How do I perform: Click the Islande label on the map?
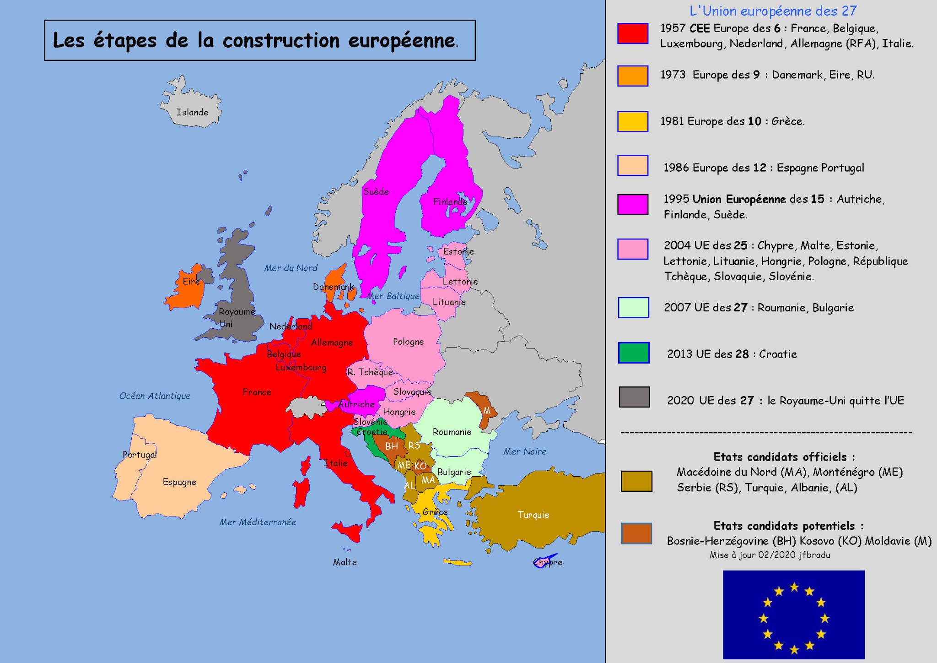coord(192,113)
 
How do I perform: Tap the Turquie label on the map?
coord(533,515)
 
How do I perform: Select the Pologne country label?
coord(408,342)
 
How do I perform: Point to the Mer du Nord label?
coord(291,268)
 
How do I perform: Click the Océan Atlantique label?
coord(155,396)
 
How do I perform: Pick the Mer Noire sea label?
coord(525,452)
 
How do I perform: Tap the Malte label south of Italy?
coord(345,562)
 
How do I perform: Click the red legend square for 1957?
coord(633,33)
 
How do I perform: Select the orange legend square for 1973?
coord(633,76)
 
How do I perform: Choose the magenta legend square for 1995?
coord(633,204)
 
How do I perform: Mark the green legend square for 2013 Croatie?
coord(634,353)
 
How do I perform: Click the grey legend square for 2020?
coord(634,397)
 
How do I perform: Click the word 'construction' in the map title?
coord(281,41)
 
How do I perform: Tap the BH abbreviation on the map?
coord(391,446)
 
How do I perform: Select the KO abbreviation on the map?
coord(420,466)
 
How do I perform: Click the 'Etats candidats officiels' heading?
coord(784,457)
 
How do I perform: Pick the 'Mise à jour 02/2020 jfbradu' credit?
coord(770,555)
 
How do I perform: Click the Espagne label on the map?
coord(179,482)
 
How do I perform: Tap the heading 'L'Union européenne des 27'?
coord(773,11)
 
